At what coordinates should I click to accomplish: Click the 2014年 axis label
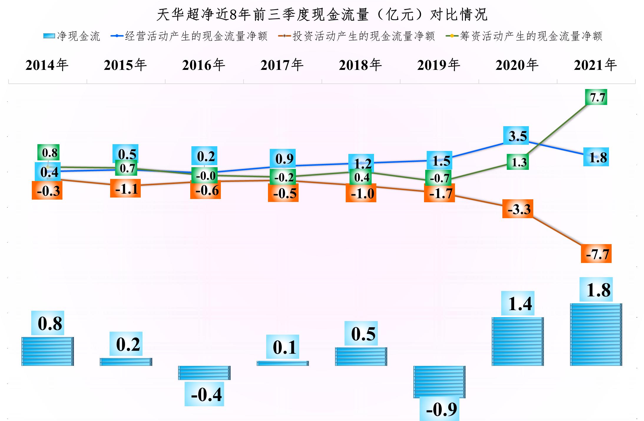[x=47, y=65]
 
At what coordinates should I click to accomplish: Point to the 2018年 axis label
[x=360, y=65]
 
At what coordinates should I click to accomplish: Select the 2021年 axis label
[x=595, y=65]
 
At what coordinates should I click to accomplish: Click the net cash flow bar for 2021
[x=596, y=335]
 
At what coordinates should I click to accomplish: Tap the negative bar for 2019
[x=439, y=382]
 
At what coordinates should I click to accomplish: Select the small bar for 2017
[x=283, y=363]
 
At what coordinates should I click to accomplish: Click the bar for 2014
[x=48, y=351]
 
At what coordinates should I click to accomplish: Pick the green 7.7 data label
[x=596, y=97]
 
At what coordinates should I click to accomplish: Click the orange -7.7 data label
[x=596, y=254]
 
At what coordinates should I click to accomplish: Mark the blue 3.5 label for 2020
[x=518, y=136]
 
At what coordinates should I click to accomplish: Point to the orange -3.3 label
[x=518, y=209]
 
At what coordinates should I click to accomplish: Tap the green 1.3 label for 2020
[x=518, y=162]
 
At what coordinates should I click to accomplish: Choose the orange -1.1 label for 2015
[x=125, y=188]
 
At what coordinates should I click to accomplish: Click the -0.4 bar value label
[x=204, y=394]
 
